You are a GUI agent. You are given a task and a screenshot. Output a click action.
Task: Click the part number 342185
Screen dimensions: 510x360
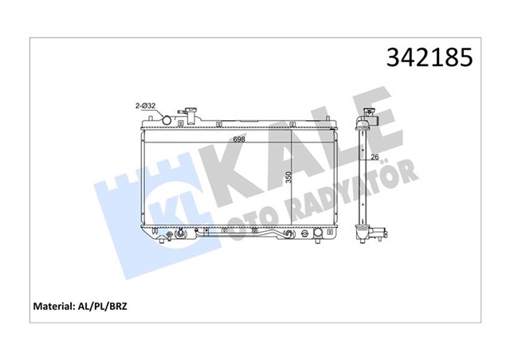coord(430,57)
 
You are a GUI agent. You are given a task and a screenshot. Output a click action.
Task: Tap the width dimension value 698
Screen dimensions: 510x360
coord(239,139)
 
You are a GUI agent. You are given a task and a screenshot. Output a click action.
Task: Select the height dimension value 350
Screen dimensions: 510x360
coord(288,177)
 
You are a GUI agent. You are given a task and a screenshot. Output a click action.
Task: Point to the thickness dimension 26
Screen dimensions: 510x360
coord(375,157)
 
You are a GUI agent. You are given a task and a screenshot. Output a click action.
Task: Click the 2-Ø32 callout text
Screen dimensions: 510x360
coord(145,106)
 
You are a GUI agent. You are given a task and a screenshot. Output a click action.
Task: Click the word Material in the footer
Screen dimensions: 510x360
coord(53,306)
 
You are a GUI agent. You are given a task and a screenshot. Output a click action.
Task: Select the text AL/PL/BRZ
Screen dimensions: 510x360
coord(102,306)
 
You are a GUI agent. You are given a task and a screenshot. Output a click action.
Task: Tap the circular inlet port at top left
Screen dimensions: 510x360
coord(167,120)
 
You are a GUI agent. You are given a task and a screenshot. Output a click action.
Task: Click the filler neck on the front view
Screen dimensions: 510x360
coord(190,115)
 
